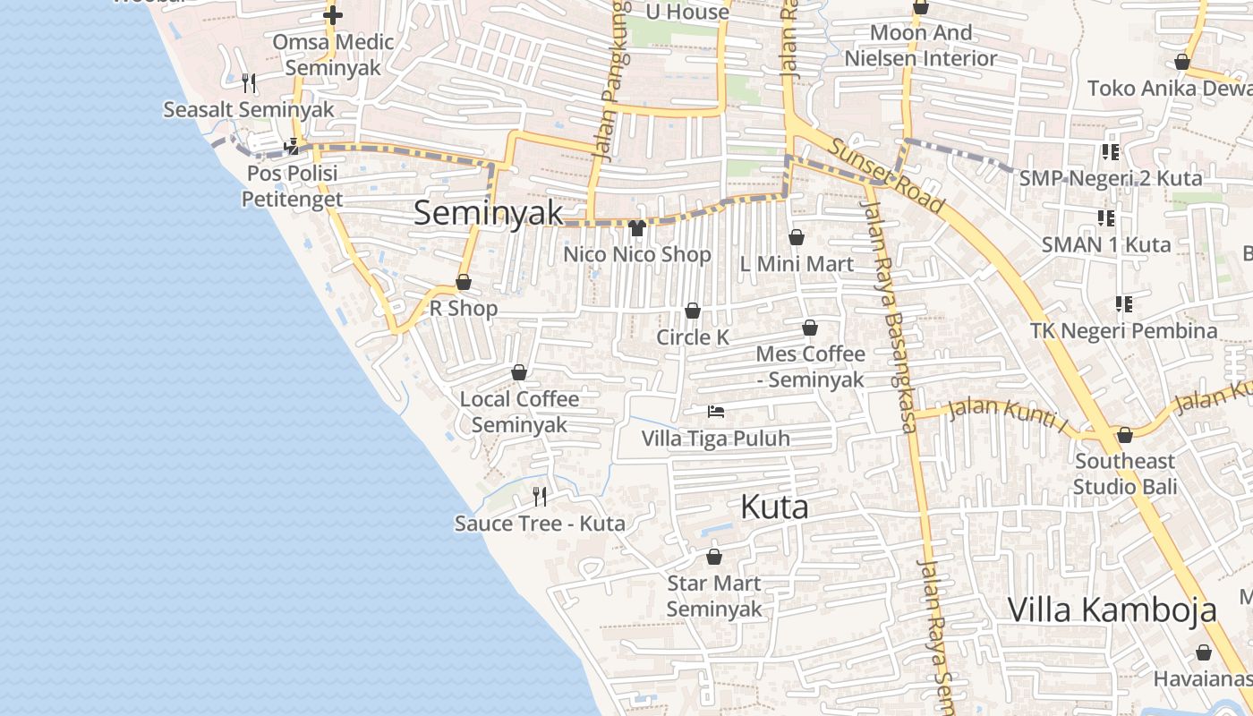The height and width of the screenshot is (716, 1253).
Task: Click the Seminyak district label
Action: pyautogui.click(x=489, y=213)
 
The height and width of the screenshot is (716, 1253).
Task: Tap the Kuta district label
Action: pyautogui.click(x=774, y=507)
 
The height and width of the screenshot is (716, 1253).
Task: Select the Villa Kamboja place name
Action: pyautogui.click(x=1112, y=609)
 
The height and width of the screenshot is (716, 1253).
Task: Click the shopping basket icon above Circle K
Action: pyautogui.click(x=692, y=311)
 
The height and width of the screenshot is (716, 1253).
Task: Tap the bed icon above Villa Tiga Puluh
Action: pyautogui.click(x=716, y=412)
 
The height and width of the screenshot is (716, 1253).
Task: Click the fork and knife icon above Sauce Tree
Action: pyautogui.click(x=540, y=496)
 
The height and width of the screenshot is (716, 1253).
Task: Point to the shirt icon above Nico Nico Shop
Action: pyautogui.click(x=637, y=228)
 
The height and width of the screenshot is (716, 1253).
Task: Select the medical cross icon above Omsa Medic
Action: pyautogui.click(x=333, y=15)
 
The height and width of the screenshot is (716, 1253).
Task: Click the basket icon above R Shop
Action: pyautogui.click(x=464, y=282)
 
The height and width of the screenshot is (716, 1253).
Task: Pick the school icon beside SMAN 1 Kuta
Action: pyautogui.click(x=1106, y=217)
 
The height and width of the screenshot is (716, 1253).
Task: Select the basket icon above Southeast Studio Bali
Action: pyautogui.click(x=1125, y=435)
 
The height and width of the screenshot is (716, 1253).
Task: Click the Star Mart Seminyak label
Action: pyautogui.click(x=714, y=596)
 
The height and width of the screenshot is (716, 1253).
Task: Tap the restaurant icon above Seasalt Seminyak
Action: pyautogui.click(x=249, y=83)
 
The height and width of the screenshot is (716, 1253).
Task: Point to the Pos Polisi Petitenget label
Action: pyautogui.click(x=292, y=185)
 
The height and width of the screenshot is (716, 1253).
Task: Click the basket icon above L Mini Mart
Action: pyautogui.click(x=797, y=237)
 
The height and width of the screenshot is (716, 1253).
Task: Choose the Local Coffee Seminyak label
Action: pyautogui.click(x=519, y=412)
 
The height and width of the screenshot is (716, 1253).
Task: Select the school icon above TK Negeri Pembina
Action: pyautogui.click(x=1124, y=304)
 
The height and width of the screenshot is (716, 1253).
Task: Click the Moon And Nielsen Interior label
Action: pyautogui.click(x=921, y=46)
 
